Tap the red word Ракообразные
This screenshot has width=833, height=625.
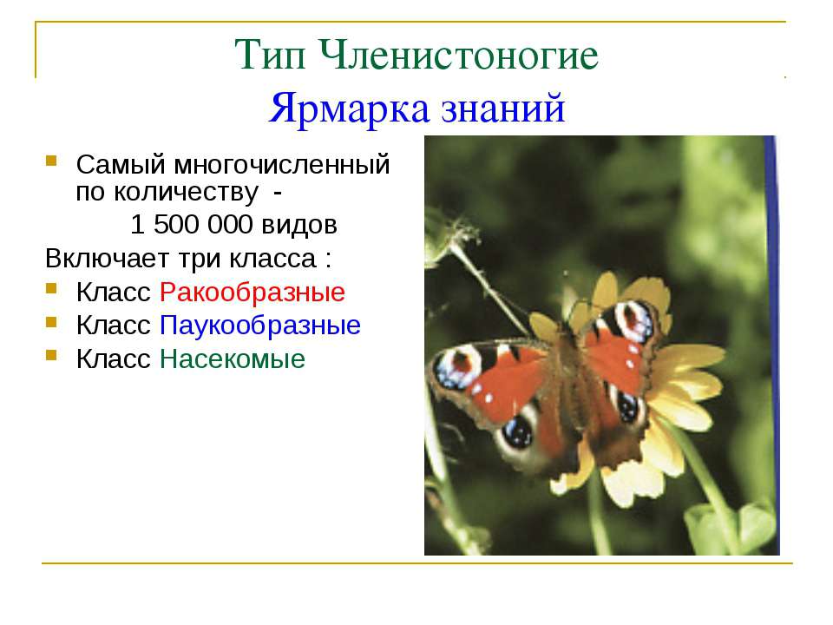(x=253, y=292)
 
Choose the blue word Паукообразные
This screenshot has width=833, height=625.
(x=260, y=326)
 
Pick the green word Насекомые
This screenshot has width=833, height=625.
(x=233, y=359)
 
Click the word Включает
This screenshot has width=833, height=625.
(x=97, y=259)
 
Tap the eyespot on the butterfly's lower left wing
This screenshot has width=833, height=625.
(x=518, y=430)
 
